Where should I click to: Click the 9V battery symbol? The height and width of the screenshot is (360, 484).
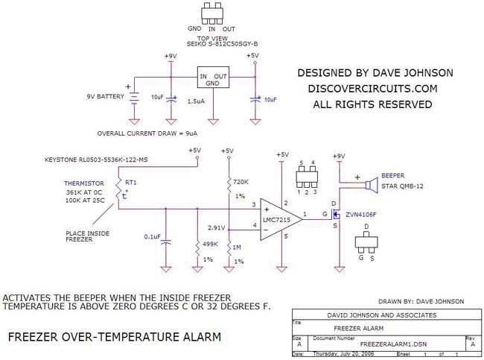134,98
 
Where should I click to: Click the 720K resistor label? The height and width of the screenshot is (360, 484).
241,182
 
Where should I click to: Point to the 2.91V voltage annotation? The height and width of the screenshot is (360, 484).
216,227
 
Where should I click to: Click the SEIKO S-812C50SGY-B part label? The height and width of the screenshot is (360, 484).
213,43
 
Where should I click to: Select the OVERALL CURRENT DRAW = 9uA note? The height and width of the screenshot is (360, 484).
147,133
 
